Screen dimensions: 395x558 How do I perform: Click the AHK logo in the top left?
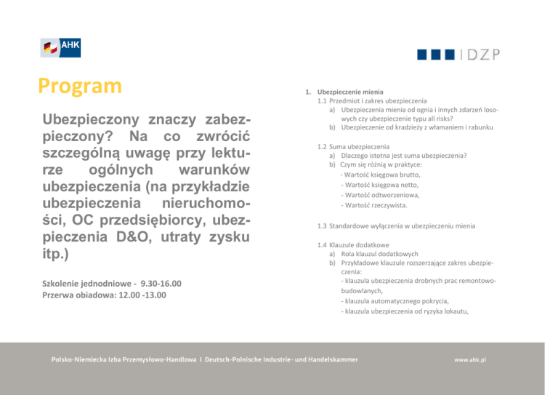(60, 47)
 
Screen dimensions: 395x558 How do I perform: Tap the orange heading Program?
(81, 87)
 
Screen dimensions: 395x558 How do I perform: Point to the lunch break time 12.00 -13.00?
(137, 295)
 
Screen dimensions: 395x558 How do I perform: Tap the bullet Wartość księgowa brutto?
(381, 175)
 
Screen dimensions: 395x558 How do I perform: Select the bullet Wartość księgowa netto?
(380, 185)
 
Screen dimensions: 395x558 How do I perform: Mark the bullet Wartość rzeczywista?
(376, 205)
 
